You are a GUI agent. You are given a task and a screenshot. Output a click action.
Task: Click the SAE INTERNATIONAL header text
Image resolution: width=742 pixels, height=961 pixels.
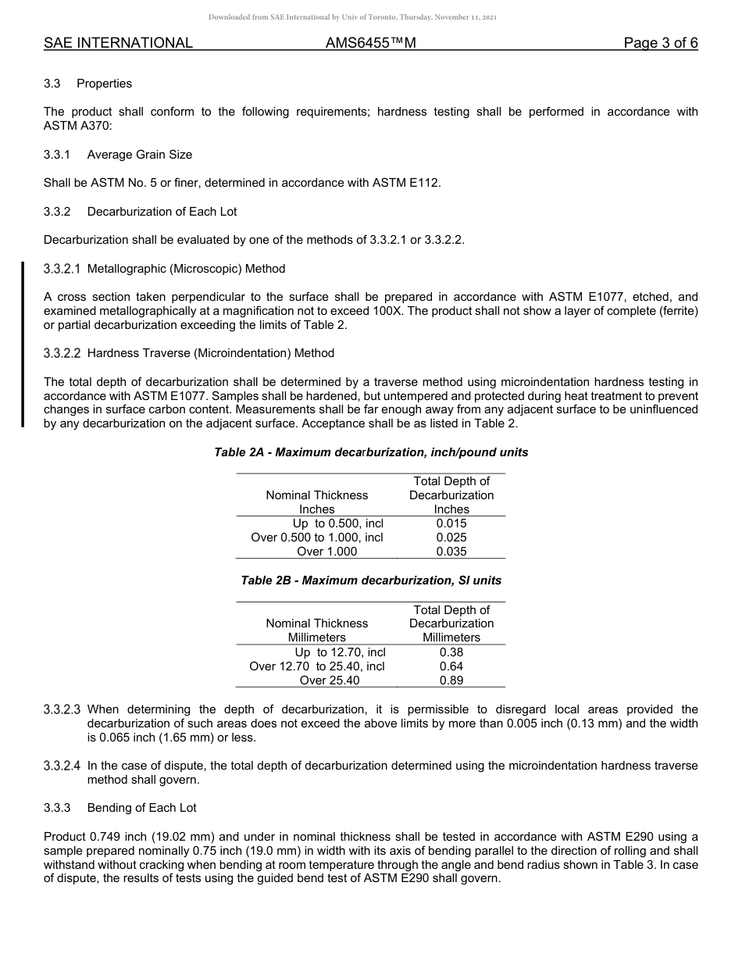118,43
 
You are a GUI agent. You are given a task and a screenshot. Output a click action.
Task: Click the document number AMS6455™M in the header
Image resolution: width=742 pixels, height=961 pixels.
370,43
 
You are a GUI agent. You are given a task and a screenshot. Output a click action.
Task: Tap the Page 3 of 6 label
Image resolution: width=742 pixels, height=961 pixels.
660,43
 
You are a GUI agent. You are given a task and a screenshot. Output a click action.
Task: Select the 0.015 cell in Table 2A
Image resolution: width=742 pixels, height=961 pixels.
451,523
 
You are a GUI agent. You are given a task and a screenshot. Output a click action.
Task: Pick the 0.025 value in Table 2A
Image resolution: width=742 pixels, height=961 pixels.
451,538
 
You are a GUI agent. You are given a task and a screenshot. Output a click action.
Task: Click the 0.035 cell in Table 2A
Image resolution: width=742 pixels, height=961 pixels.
451,552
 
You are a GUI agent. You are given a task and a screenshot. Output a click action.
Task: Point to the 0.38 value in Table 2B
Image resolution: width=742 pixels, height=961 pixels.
451,652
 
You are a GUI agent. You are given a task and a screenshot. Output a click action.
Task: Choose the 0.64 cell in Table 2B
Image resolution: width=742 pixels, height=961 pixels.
451,666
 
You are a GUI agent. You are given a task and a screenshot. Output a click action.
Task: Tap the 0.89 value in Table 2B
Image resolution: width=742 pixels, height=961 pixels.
451,680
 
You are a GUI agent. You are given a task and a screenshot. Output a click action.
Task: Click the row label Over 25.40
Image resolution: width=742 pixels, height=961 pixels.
330,680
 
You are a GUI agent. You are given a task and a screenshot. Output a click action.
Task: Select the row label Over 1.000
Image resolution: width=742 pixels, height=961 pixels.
326,552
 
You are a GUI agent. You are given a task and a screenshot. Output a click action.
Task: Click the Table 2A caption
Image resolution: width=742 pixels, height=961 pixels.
371,452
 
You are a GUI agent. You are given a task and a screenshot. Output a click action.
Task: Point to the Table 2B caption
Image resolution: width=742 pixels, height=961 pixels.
371,581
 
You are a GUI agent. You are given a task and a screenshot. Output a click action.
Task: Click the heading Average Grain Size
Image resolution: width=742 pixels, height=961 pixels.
139,155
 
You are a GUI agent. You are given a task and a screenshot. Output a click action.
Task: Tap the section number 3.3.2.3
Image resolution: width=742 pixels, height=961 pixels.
62,709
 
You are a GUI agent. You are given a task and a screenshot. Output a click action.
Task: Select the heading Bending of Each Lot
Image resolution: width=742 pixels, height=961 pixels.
141,808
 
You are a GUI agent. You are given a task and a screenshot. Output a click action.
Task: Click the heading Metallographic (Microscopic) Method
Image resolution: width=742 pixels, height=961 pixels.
186,269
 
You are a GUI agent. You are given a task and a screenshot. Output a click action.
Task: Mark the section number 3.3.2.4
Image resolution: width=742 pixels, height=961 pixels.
62,766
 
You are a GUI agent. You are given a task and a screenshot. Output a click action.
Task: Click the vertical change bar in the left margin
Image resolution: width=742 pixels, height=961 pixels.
23,345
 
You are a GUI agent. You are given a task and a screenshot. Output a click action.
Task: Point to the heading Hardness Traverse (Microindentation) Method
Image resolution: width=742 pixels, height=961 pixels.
210,353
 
